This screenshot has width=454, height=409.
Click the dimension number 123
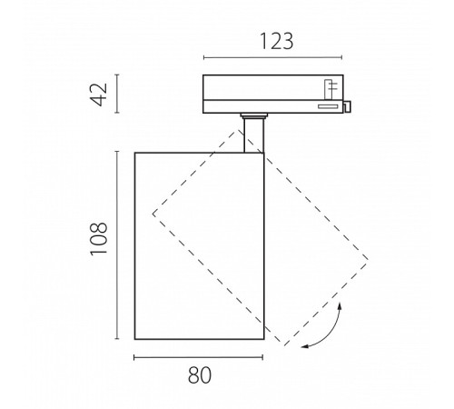pyautogui.click(x=277, y=41)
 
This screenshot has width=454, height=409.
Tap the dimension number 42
pyautogui.click(x=100, y=95)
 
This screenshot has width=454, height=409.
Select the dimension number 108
pyautogui.click(x=99, y=239)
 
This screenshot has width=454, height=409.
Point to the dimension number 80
pyautogui.click(x=200, y=375)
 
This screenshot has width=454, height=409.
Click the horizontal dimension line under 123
pyautogui.click(x=272, y=57)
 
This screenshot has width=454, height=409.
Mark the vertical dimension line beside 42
pyautogui.click(x=117, y=94)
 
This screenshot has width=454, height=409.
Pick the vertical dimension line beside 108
pyautogui.click(x=117, y=244)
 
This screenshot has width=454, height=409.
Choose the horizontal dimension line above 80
pyautogui.click(x=198, y=358)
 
